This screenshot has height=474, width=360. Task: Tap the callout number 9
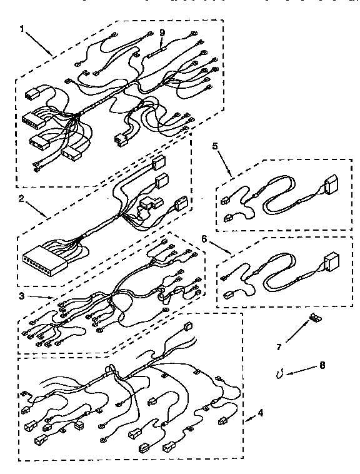click(x=162, y=33)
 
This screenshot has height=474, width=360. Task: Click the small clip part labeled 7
click(x=315, y=319)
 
